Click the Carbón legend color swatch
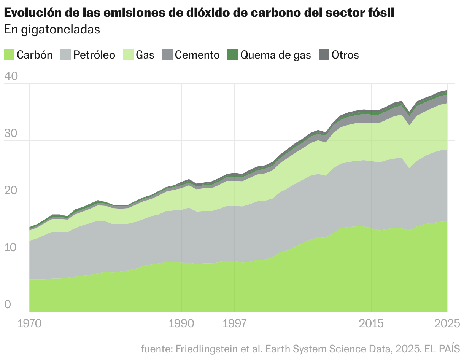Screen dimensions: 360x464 (9, 55)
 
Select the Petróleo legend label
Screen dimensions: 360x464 (94, 55)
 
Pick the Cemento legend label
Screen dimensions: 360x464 (197, 55)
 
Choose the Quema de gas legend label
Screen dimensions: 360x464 (275, 55)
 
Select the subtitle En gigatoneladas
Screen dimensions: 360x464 (52, 30)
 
